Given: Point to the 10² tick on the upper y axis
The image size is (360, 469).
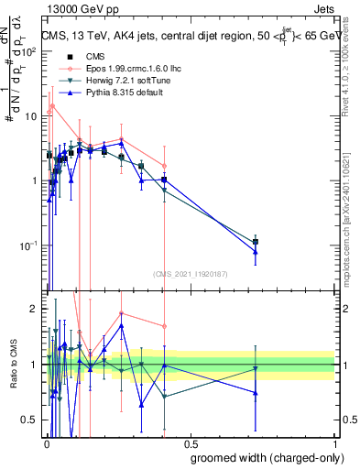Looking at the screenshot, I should coord(30,51).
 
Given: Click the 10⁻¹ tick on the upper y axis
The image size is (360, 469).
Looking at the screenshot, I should coord(30,245).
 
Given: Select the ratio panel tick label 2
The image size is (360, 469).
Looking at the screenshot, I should coord(34,309).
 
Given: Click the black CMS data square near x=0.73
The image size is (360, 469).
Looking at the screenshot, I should coord(256,241).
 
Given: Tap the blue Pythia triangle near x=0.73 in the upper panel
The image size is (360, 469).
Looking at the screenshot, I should coord(256,252).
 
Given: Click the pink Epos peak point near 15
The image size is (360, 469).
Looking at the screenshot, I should coord(52,105).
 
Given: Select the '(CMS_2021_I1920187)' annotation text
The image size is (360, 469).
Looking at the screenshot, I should coord(190,273).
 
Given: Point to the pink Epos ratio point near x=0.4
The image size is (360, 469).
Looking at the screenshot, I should coord(164,326).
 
